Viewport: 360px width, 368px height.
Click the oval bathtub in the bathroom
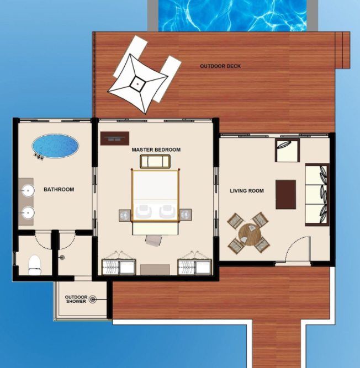click(55, 146)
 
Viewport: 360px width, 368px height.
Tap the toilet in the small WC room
click(35, 265)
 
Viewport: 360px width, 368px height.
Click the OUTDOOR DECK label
click(220, 66)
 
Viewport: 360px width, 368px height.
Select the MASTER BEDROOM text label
click(156, 150)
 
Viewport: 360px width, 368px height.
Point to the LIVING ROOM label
click(247, 191)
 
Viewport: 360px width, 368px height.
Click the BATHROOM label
click(59, 189)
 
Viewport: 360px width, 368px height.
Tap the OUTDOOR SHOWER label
click(76, 299)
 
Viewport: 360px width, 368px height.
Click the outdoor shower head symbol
click(93, 299)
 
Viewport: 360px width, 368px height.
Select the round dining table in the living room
click(250, 234)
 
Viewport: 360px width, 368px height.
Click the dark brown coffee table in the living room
click(285, 194)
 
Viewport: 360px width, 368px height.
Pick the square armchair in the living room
click(288, 150)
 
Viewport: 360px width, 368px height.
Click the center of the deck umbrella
click(137, 83)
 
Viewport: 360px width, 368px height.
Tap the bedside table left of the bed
click(125, 215)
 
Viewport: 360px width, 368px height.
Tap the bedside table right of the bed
click(186, 215)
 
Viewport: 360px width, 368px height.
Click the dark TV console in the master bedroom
click(115, 138)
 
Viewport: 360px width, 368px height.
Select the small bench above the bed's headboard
click(155, 161)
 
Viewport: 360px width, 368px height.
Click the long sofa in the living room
click(317, 195)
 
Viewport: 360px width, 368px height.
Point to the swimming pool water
click(232, 15)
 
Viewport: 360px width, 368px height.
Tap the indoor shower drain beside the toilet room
click(62, 258)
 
